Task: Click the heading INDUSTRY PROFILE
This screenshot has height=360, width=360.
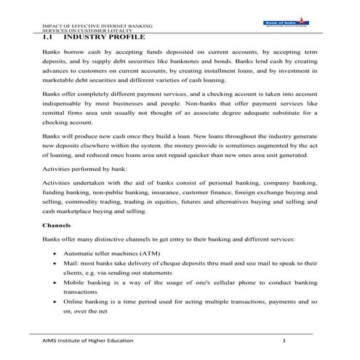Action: click(x=104, y=37)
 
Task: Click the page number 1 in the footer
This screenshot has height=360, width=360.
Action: click(x=284, y=340)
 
